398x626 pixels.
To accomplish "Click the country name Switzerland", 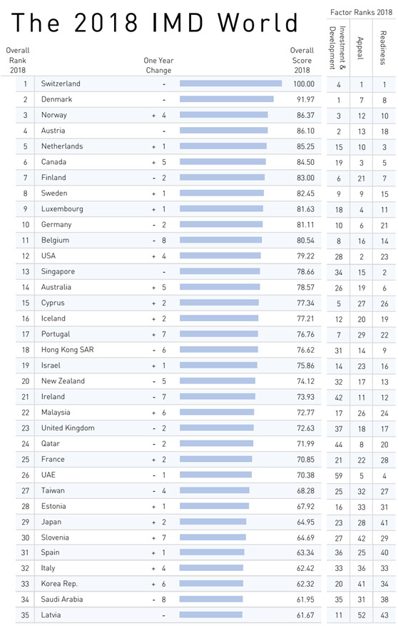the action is coord(61,84).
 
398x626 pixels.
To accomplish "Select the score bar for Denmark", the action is coord(227,99).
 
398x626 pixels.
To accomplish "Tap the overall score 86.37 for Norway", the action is coord(305,115).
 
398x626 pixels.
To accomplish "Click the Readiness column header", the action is coord(383,48).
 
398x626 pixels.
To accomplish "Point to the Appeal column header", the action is coord(360,48).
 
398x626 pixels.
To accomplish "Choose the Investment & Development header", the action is coord(337,48).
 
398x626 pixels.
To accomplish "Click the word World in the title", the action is coord(258,22).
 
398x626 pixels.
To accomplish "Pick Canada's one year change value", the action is coord(159,162).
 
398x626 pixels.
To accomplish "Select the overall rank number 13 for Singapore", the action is coord(26,271).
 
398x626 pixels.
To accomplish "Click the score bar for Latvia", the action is coord(211,615).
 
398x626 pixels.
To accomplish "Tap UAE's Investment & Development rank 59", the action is coord(339,475).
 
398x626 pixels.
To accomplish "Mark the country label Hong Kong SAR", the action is coord(67,350).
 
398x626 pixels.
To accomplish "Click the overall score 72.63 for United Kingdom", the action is coord(305,428).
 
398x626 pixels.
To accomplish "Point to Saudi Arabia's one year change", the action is coord(159,600).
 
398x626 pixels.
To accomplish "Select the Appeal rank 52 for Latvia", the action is coord(362,615).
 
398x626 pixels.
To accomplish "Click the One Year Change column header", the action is coord(159,65).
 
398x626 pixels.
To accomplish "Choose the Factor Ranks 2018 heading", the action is coord(362,12).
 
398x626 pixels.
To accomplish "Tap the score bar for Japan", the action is coord(213,521).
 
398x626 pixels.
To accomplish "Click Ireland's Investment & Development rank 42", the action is coord(339,398).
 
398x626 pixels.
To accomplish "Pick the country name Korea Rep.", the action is coord(59,584).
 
